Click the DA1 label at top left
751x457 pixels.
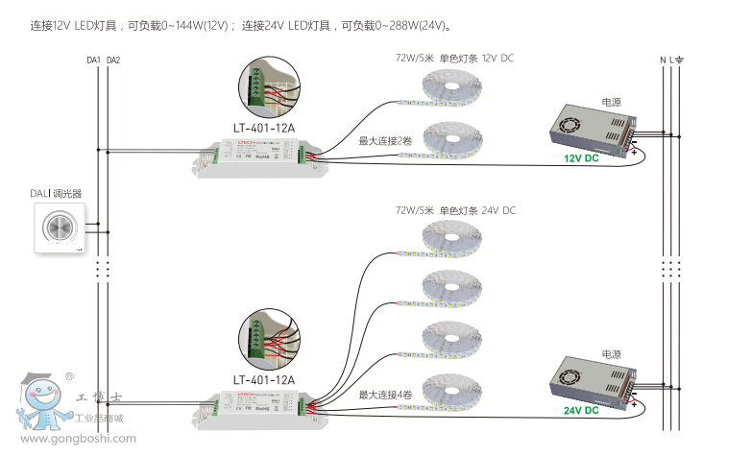coord(93,60)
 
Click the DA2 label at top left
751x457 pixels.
coord(113,60)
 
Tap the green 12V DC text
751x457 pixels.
coord(581,158)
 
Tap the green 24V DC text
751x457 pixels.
coord(581,411)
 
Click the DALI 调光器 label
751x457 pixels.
coord(56,194)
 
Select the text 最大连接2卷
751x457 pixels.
coord(385,141)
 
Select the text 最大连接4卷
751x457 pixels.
coord(385,395)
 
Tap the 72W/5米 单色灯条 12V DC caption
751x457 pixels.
coord(454,59)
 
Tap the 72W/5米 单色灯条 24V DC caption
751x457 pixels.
coord(454,210)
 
